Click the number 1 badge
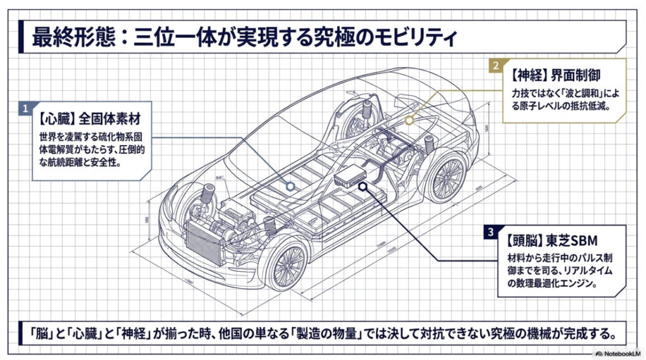click(25, 108)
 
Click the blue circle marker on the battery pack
click(290, 186)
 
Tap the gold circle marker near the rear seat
click(409, 119)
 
